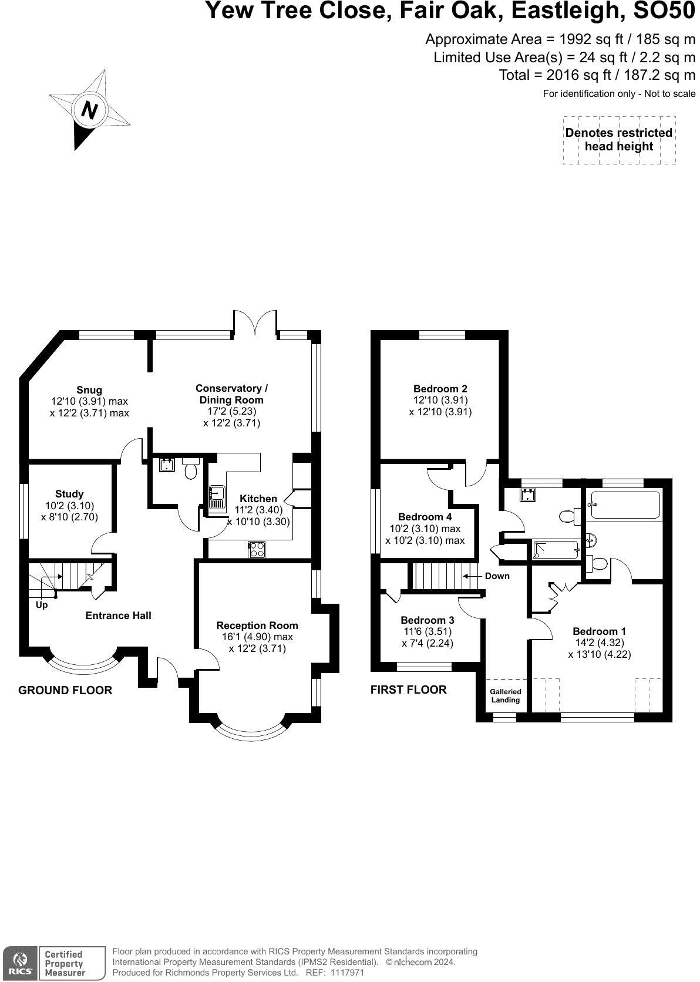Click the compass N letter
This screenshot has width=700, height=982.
click(89, 110)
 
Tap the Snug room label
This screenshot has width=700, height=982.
click(89, 390)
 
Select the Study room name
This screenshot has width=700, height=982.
click(69, 494)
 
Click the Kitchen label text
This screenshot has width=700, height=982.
click(258, 499)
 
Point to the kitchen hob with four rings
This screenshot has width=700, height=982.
click(257, 550)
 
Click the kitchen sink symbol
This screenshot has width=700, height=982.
click(217, 497)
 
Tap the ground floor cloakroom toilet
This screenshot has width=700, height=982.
click(191, 469)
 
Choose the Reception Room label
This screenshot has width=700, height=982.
click(257, 625)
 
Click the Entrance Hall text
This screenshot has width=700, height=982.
click(119, 616)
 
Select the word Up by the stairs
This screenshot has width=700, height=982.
click(42, 605)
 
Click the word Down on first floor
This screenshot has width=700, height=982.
click(497, 576)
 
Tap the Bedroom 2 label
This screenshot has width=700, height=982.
click(440, 389)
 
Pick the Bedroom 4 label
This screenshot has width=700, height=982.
click(425, 517)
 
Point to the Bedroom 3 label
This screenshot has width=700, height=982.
click(428, 620)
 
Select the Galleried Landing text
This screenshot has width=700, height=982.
click(506, 696)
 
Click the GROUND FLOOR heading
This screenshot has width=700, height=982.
click(65, 690)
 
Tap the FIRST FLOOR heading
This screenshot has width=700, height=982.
click(409, 690)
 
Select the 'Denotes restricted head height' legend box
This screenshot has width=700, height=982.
click(619, 140)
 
